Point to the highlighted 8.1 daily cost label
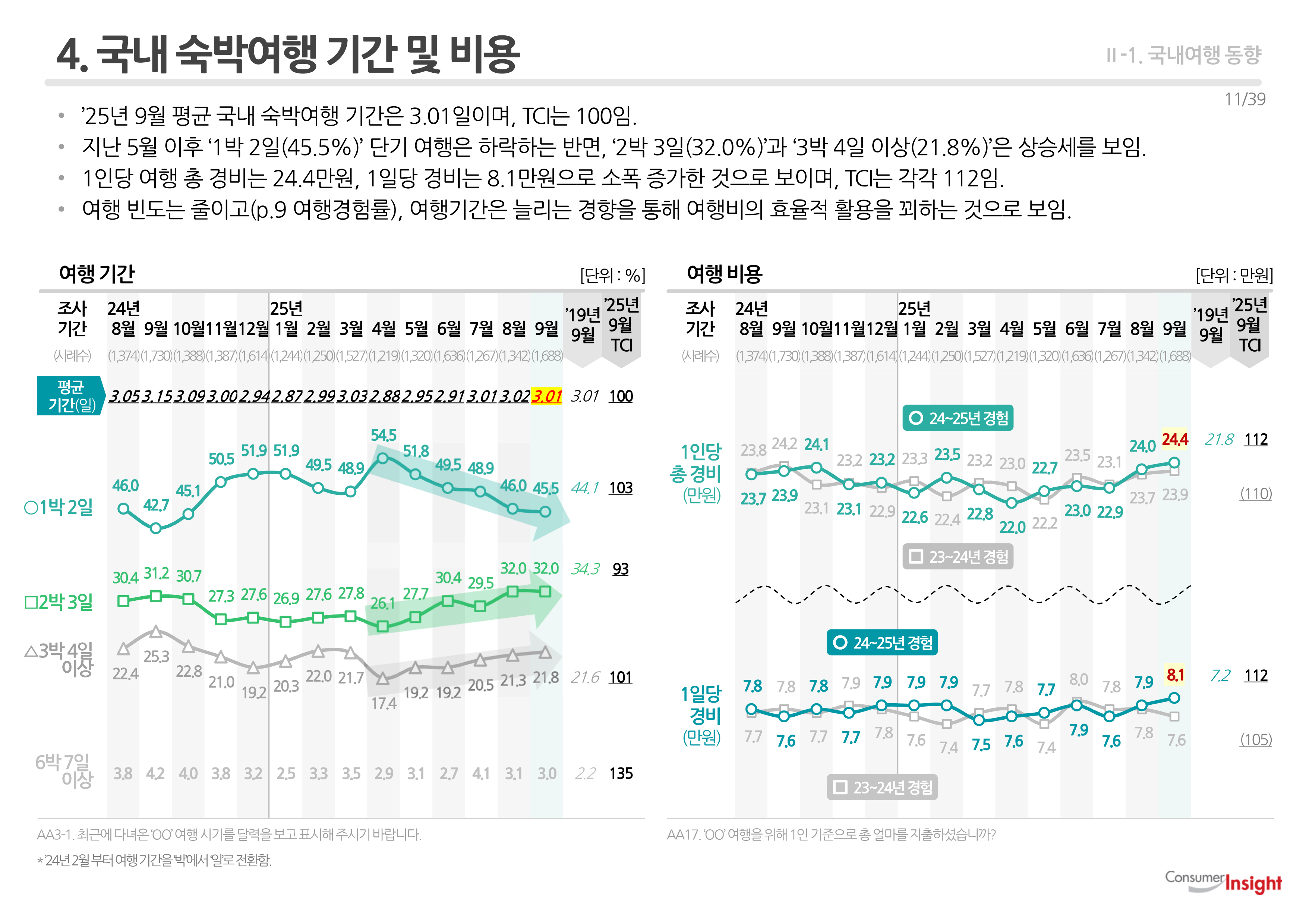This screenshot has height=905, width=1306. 1175,675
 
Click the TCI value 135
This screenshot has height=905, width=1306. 621,773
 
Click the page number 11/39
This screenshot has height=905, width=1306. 1245,99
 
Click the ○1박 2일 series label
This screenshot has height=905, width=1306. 59,507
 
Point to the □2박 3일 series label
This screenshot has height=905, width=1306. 59,601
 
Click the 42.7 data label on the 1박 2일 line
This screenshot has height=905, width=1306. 156,505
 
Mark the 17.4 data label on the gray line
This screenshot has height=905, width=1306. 384,704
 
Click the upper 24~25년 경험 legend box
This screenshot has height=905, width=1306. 958,418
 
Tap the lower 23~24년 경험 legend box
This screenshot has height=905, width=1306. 882,788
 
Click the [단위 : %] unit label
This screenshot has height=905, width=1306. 612,276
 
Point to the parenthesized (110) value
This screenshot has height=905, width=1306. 1256,494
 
